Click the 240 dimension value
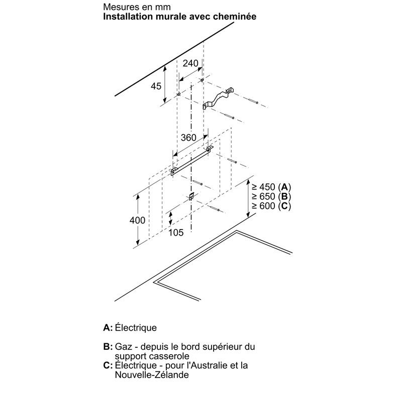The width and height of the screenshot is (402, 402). [x=190, y=63]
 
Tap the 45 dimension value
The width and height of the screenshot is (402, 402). [x=156, y=86]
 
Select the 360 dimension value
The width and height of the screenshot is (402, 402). [x=188, y=138]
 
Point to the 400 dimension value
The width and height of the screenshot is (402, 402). [x=137, y=220]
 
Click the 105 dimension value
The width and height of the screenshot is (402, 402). [x=176, y=233]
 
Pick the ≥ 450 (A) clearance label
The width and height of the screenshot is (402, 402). [x=271, y=187]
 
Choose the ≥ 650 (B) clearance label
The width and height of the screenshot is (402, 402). [x=271, y=196]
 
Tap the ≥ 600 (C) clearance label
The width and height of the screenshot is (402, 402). [x=271, y=206]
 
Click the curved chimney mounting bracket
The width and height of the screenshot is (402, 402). [x=218, y=98]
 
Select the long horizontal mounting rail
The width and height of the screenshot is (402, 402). [x=192, y=161]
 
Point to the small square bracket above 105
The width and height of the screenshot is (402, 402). [x=191, y=196]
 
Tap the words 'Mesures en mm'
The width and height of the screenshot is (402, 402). [x=137, y=7]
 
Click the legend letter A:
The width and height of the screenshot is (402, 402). [x=108, y=328]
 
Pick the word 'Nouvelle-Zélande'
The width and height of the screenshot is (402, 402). [x=152, y=375]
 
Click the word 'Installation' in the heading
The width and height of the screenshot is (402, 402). [x=128, y=17]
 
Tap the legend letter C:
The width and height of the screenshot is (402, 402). [x=108, y=365]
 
